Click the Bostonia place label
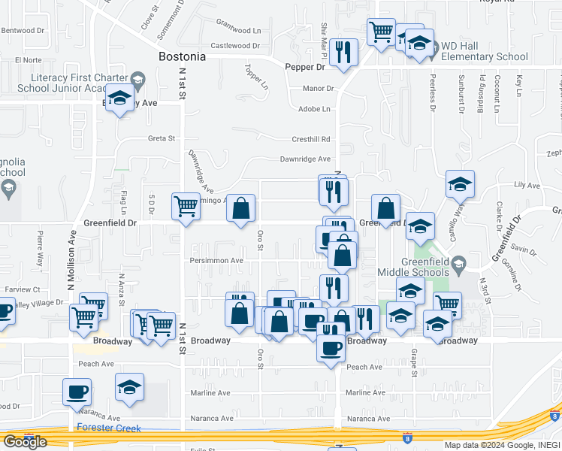pyautogui.click(x=182, y=56)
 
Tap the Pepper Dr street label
pyautogui.click(x=304, y=67)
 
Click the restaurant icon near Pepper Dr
pyautogui.click(x=343, y=52)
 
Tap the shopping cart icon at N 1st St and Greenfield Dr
pyautogui.click(x=185, y=205)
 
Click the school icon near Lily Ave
pyautogui.click(x=460, y=183)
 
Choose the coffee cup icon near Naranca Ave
pyautogui.click(x=76, y=392)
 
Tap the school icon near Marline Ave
pyautogui.click(x=129, y=387)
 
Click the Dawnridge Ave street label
pyautogui.click(x=305, y=159)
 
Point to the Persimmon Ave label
pyautogui.click(x=216, y=261)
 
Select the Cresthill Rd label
pyautogui.click(x=311, y=139)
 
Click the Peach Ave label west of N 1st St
pyautogui.click(x=96, y=364)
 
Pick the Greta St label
pyautogui.click(x=161, y=138)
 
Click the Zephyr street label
pyautogui.click(x=554, y=154)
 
